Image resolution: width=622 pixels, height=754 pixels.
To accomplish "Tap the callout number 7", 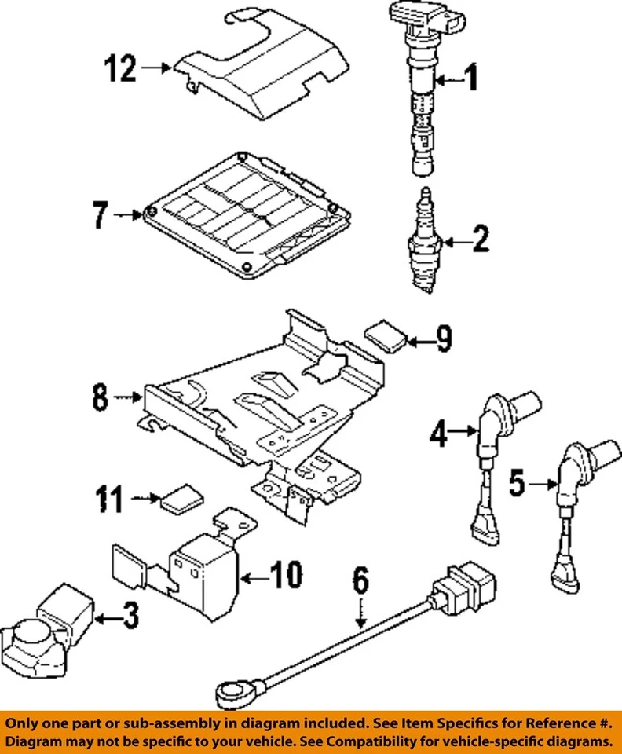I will click(101, 214).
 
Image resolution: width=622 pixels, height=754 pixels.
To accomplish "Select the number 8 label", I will click(100, 398).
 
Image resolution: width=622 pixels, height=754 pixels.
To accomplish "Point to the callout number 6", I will click(360, 584).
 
